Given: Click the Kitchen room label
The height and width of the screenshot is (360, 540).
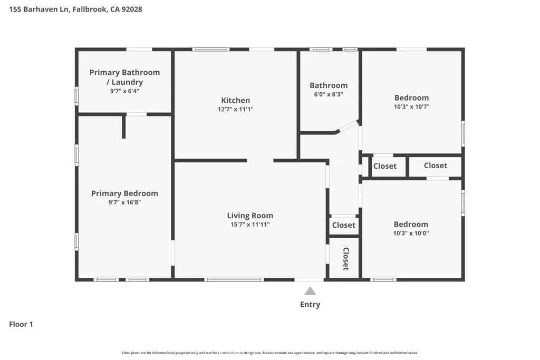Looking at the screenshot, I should pyautogui.click(x=235, y=100).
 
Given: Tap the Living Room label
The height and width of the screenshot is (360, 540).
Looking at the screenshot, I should pyautogui.click(x=250, y=216).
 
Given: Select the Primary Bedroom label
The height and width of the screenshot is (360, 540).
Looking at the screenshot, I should pyautogui.click(x=124, y=193).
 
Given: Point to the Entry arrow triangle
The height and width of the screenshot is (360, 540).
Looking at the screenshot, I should pyautogui.click(x=310, y=291).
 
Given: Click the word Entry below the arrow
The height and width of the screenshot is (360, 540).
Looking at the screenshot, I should pyautogui.click(x=310, y=305).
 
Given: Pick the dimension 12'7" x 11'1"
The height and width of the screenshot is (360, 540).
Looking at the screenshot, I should pyautogui.click(x=235, y=110).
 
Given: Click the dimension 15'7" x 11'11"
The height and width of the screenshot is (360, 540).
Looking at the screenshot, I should pyautogui.click(x=250, y=225).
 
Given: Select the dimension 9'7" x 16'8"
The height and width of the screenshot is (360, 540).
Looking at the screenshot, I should pyautogui.click(x=124, y=202).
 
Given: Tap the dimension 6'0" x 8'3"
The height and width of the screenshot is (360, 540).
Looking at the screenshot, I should pyautogui.click(x=329, y=94).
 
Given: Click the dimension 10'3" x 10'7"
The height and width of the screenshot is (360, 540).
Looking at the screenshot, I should pyautogui.click(x=411, y=106).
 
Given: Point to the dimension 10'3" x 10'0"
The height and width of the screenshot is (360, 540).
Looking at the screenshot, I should pyautogui.click(x=411, y=233).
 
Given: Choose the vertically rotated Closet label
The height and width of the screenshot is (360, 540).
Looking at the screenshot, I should pyautogui.click(x=346, y=259).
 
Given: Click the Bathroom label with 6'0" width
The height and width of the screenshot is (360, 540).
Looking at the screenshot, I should pyautogui.click(x=329, y=85).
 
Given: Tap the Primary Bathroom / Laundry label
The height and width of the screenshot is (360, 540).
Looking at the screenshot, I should pyautogui.click(x=124, y=77).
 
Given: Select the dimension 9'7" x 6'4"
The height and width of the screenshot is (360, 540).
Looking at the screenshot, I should pyautogui.click(x=124, y=91).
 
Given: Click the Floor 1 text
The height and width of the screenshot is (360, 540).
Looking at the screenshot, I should pyautogui.click(x=21, y=324).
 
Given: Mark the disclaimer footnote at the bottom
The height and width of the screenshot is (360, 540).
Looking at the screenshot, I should pyautogui.click(x=270, y=353).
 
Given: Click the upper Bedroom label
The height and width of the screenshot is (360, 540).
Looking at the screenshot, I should pyautogui.click(x=411, y=98).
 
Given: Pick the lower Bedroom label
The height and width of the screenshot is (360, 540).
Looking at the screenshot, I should pyautogui.click(x=411, y=224).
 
